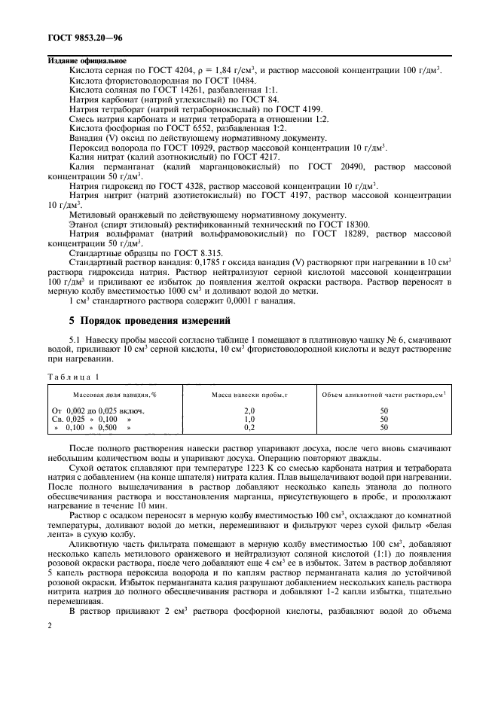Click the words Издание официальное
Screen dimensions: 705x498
pyautogui.click(x=87, y=60)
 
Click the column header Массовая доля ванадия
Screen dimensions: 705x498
pyautogui.click(x=114, y=395)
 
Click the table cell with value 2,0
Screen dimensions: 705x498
pyautogui.click(x=250, y=410)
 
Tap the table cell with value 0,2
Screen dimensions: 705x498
pyautogui.click(x=250, y=427)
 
